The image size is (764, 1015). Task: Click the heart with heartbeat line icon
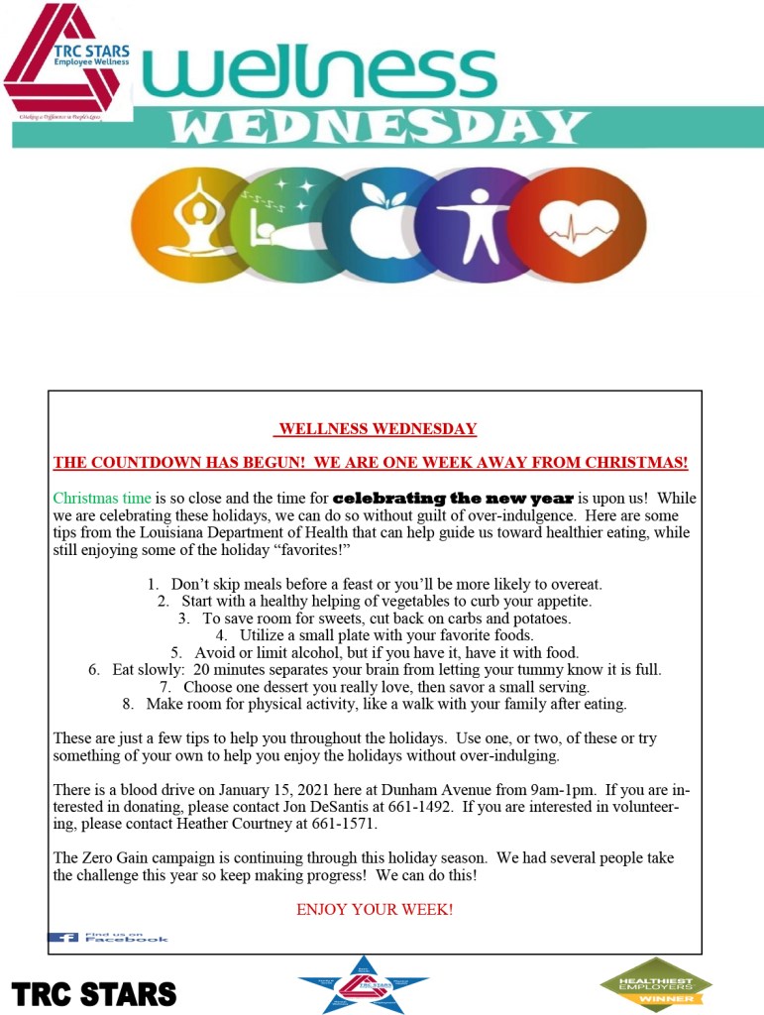coord(583,228)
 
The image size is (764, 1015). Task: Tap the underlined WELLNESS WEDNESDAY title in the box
coord(377,429)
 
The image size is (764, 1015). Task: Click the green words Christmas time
coord(102,498)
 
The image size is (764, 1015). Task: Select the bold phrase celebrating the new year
coord(453,498)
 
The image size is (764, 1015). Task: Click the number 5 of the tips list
coord(175,652)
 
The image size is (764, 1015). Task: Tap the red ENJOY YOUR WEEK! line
coord(375,909)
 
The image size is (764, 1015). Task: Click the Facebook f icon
coord(64,937)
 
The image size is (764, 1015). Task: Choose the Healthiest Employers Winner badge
coord(655,984)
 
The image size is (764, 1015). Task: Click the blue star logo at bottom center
coord(363,984)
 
